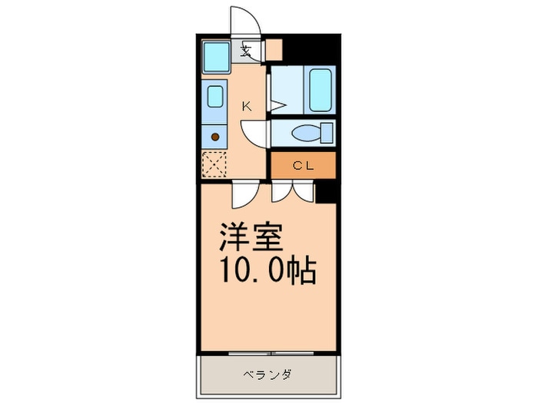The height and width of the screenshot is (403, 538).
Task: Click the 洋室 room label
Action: [x=251, y=237]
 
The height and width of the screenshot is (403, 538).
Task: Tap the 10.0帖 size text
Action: [x=267, y=270]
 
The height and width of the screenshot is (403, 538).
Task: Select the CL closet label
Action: [x=304, y=166]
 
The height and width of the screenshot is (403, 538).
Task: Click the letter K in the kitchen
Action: [x=247, y=106]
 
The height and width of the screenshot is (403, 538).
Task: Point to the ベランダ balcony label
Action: [x=267, y=375]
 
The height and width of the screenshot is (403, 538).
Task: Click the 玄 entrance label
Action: [x=246, y=51]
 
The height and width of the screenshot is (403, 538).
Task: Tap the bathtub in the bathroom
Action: [x=320, y=90]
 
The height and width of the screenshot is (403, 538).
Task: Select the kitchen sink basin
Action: [x=215, y=96]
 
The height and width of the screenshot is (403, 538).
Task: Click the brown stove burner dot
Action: [x=215, y=137]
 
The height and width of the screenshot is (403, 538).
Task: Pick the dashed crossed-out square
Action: [x=214, y=164]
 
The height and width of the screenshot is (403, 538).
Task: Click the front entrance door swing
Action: [x=245, y=21]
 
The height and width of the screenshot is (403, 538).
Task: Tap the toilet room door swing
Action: [x=254, y=134]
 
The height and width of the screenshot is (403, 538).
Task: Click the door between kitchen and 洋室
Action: [x=245, y=194]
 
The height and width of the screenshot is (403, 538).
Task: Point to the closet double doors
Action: [x=293, y=192]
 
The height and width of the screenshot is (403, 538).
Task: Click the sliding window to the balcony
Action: [x=271, y=353]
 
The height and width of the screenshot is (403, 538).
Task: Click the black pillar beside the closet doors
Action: [x=326, y=193]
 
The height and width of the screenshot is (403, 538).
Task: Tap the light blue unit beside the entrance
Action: [x=216, y=57]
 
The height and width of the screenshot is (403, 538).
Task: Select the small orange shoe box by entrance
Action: [x=274, y=50]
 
